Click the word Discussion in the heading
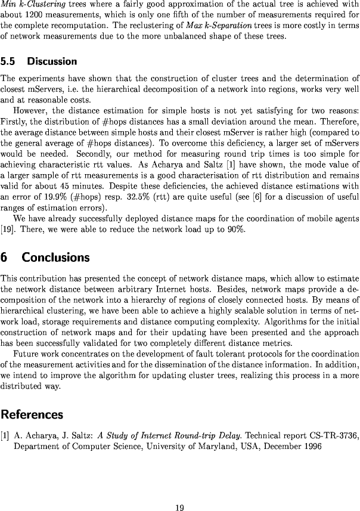(x=52, y=61)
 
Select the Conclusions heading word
(x=55, y=258)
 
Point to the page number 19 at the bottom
(x=179, y=491)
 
